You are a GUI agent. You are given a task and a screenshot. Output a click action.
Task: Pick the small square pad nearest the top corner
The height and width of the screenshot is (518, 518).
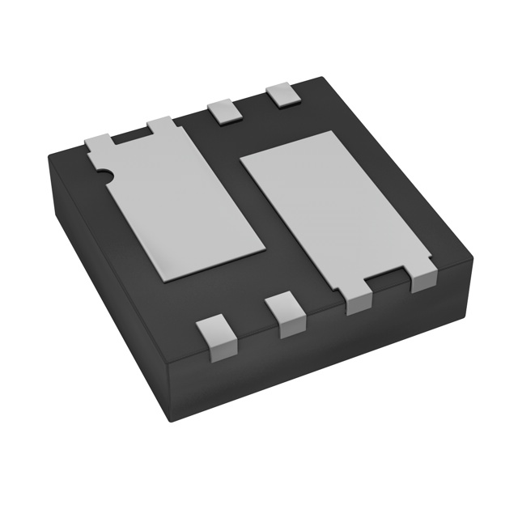(283, 96)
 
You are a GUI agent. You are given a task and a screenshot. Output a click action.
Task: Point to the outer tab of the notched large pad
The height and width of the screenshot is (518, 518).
(98, 142)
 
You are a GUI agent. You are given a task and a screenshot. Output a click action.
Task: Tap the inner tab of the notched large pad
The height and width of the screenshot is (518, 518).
(160, 125)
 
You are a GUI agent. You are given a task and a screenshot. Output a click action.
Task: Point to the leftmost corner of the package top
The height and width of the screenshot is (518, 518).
(50, 152)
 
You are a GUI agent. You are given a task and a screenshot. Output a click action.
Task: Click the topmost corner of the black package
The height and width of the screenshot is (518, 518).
(324, 78)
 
